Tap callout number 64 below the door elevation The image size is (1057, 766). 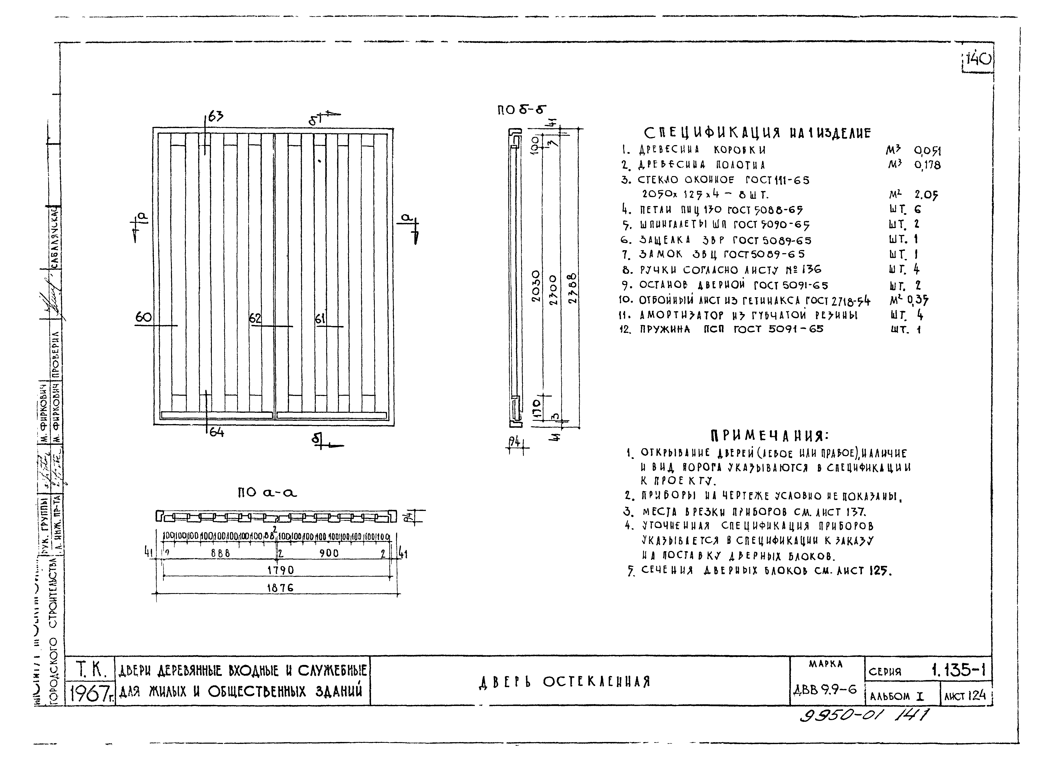point(216,433)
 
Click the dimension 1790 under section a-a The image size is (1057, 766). point(280,570)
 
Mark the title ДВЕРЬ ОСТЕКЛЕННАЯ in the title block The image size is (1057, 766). point(564,682)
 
